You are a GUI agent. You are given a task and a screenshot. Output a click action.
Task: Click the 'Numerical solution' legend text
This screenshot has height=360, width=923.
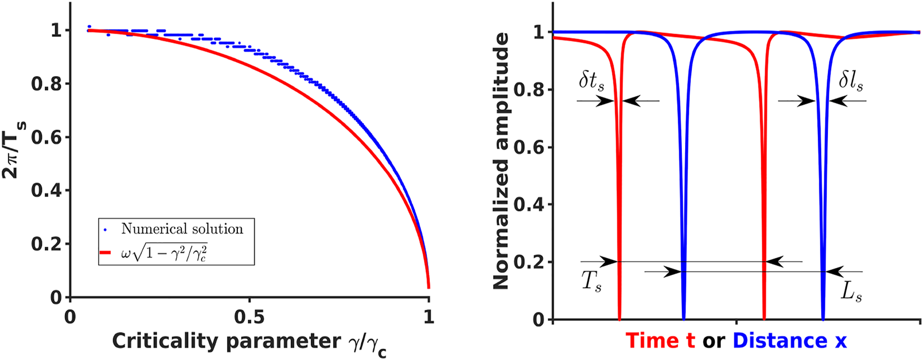[182, 229]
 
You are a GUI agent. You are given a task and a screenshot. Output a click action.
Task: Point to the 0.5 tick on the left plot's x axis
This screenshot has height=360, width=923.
[249, 316]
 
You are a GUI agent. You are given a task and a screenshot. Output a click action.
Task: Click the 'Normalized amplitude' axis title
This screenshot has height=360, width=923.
[502, 161]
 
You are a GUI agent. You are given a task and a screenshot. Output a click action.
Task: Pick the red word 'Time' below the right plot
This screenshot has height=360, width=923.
[660, 340]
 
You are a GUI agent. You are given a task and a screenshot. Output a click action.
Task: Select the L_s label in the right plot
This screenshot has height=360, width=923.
[851, 292]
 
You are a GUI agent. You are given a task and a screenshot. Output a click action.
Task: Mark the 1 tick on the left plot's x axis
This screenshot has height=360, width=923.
[429, 316]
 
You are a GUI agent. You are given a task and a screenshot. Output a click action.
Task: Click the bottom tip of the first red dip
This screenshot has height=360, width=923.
[619, 318]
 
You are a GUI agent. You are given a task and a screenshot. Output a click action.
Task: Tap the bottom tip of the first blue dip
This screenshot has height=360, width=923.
[683, 318]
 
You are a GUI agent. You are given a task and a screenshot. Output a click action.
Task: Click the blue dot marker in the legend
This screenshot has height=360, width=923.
[105, 230]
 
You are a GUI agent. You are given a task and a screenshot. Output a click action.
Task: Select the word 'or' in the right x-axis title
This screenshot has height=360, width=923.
[714, 340]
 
